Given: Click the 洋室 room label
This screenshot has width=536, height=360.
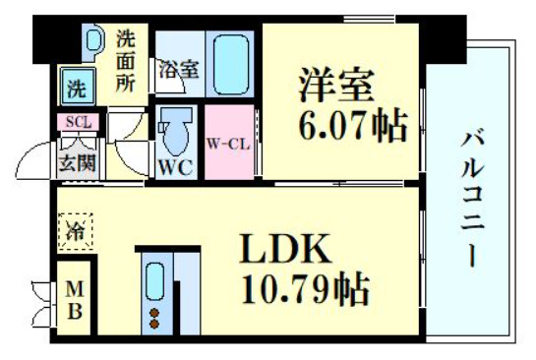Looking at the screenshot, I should tap(336, 87).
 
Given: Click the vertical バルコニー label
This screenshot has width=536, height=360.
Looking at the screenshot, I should tap(473, 198).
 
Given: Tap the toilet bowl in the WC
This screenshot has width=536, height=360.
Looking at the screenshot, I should tap(177, 128).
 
